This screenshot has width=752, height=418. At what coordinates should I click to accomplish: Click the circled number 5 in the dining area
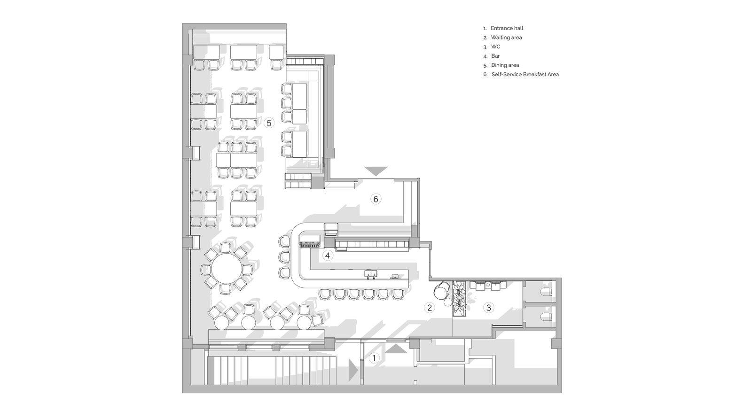(x=269, y=123)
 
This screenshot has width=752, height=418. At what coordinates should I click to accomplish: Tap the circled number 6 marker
(x=376, y=199)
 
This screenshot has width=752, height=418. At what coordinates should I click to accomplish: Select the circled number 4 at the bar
(x=327, y=255)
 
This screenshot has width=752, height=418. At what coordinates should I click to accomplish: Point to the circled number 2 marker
(x=429, y=307)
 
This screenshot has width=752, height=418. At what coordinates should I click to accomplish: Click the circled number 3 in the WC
(x=488, y=308)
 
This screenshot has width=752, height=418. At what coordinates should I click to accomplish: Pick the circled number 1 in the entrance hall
(x=374, y=358)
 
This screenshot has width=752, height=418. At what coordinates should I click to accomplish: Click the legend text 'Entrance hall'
(x=507, y=28)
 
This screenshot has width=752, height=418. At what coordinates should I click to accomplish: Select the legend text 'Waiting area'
(x=506, y=38)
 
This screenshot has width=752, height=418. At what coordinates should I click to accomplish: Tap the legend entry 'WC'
(x=495, y=46)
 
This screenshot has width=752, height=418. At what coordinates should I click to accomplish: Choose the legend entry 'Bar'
(x=495, y=56)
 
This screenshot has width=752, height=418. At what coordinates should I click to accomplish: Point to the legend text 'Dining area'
(x=505, y=65)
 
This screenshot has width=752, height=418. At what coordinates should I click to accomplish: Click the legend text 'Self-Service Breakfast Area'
(x=525, y=75)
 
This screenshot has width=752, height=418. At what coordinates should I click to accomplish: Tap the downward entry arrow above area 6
(x=376, y=171)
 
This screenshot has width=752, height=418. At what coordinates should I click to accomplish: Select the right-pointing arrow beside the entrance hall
(x=353, y=370)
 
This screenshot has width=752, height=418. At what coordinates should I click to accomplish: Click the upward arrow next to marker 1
(x=396, y=348)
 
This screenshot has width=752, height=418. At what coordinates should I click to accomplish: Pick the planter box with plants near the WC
(x=459, y=299)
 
